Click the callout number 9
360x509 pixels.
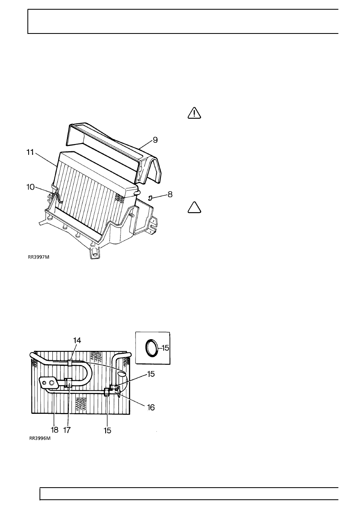coord(155,140)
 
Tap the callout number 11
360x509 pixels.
coord(30,152)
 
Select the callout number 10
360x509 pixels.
coord(30,187)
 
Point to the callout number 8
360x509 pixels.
coord(170,194)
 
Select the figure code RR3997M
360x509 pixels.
coord(38,257)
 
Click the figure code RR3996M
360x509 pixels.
coord(40,444)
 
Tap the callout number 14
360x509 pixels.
coord(77,346)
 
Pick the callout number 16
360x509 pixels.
coord(151,407)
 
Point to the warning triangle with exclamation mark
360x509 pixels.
coord(194,113)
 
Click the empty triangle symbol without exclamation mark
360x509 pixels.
coord(194,207)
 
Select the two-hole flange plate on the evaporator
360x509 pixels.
coord(48,382)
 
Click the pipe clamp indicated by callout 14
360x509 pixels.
coord(70,363)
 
